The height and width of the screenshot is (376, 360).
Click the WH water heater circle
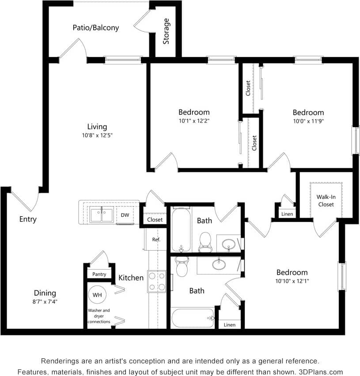click(96, 294)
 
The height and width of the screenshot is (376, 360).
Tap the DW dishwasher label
click(125, 215)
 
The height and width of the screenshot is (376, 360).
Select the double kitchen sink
click(101, 215)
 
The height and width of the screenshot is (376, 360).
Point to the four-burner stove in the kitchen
click(156, 281)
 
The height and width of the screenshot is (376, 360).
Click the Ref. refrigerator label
click(156, 240)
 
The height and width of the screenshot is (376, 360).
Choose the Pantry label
click(99, 274)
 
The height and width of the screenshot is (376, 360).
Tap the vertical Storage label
click(166, 31)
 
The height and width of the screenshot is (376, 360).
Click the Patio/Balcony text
click(96, 27)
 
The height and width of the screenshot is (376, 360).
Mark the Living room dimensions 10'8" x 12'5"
click(97, 135)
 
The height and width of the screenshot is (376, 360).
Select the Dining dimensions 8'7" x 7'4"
click(45, 302)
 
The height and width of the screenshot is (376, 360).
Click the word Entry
click(28, 219)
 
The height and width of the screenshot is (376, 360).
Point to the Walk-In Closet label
click(326, 201)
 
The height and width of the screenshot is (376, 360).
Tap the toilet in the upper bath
click(205, 241)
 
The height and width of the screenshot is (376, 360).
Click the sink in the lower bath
click(218, 264)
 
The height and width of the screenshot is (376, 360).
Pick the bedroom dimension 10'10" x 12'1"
click(292, 281)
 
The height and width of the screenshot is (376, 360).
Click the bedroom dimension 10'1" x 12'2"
click(194, 120)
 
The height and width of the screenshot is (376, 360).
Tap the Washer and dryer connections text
click(99, 316)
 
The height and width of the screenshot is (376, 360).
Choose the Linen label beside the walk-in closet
click(287, 214)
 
